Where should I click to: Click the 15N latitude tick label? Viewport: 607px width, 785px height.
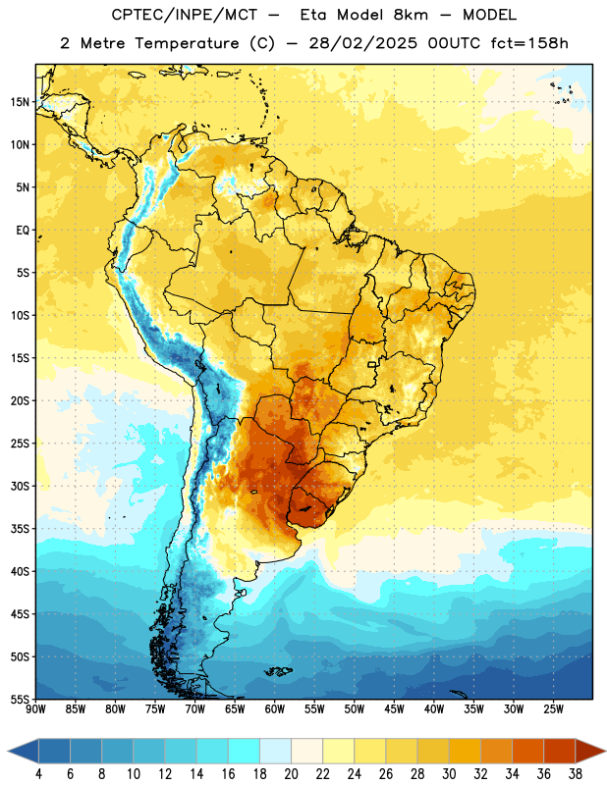[20, 102]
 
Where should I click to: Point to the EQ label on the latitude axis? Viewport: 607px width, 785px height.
[23, 231]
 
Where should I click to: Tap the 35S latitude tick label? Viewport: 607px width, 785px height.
[20, 529]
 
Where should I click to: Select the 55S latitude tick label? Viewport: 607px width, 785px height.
[20, 699]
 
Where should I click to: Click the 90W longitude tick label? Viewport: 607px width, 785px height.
[35, 709]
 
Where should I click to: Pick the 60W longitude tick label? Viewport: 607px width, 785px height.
[275, 709]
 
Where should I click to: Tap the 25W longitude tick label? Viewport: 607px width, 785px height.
[553, 709]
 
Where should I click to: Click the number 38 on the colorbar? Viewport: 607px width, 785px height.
[576, 774]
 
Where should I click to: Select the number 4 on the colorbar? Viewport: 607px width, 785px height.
[38, 774]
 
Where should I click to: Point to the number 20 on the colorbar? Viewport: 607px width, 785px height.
[291, 774]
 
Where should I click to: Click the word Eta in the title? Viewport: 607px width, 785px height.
[312, 15]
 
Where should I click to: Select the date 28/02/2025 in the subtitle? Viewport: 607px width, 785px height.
[362, 43]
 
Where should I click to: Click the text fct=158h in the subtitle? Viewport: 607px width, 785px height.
[529, 43]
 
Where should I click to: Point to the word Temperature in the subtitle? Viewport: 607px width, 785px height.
[187, 43]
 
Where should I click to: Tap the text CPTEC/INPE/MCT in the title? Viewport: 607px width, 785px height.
[185, 15]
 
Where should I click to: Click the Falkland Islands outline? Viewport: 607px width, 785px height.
[278, 671]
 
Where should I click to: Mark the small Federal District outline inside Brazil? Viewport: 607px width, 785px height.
[372, 364]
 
